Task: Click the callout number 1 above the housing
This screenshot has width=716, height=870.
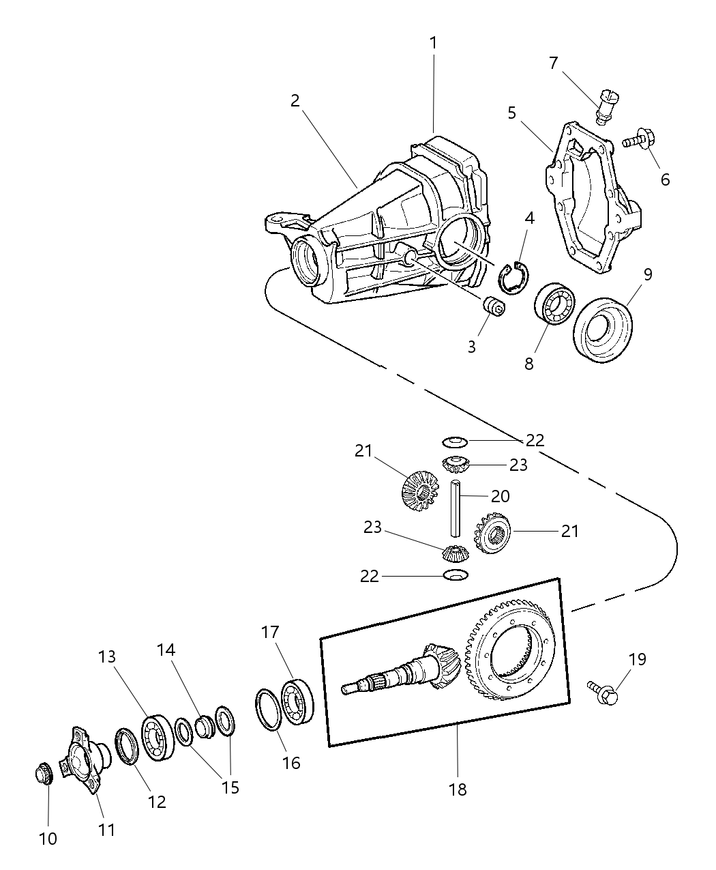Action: point(433,43)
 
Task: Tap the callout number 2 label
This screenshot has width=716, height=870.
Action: point(295,101)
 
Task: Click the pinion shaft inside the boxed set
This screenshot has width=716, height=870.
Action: point(396,676)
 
